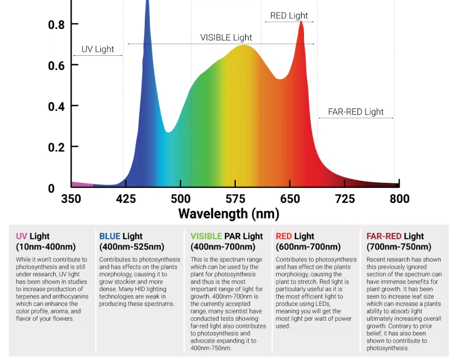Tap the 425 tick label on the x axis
click(x=126, y=199)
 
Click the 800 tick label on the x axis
click(x=399, y=199)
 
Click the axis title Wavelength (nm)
click(x=229, y=214)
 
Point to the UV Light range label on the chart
click(x=98, y=49)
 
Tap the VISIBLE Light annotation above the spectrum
click(x=226, y=37)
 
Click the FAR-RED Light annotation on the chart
click(x=356, y=112)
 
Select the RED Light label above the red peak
click(x=289, y=15)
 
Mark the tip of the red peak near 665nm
click(x=301, y=22)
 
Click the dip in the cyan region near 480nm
click(x=168, y=132)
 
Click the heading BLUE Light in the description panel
click(x=120, y=237)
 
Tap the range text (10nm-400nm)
click(x=45, y=247)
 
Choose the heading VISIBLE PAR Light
click(x=226, y=237)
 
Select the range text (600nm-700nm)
click(x=308, y=247)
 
